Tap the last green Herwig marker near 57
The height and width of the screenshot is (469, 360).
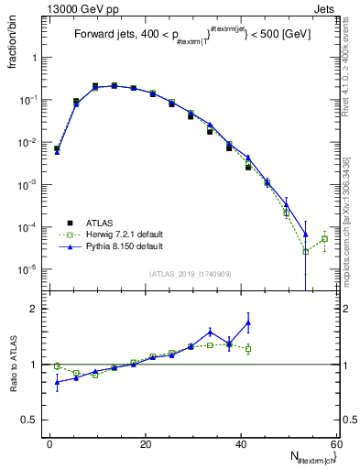pyautogui.click(x=324, y=239)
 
